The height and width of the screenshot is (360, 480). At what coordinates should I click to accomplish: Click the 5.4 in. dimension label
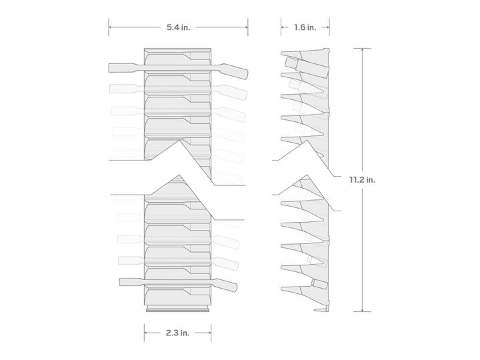(x=178, y=27)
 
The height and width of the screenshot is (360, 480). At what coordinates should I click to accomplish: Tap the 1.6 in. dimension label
(x=305, y=27)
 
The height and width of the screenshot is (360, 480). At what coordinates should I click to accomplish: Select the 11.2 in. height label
(x=362, y=180)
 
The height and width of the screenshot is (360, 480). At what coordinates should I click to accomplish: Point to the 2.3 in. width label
(x=177, y=333)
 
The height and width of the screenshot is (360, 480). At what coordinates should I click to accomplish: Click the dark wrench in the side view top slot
(x=307, y=67)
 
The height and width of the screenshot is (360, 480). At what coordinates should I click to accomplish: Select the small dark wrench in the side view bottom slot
(x=319, y=284)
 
